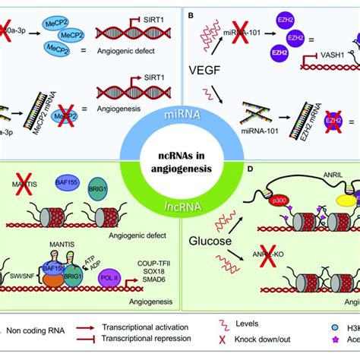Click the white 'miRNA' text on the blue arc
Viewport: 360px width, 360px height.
(x=179, y=113)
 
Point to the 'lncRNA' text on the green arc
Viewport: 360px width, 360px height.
(x=180, y=203)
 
